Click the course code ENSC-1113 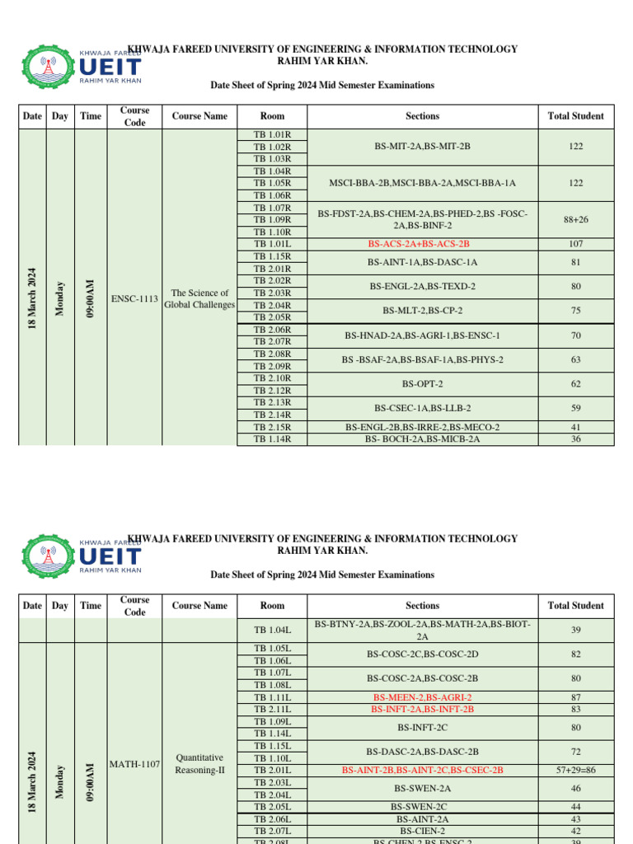[x=134, y=298]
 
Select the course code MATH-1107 [x=134, y=764]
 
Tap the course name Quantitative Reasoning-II [x=199, y=764]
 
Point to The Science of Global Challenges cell [x=199, y=298]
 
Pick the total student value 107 [x=575, y=244]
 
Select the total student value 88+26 [x=575, y=219]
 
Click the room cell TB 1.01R [x=272, y=134]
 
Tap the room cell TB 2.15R [x=272, y=427]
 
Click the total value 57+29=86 [x=575, y=770]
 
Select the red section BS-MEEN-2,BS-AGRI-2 [x=422, y=697]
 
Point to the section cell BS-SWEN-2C [x=422, y=806]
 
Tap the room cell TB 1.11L [x=272, y=697]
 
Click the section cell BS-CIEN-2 [x=422, y=831]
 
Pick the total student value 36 [x=575, y=439]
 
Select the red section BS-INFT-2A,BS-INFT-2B [x=422, y=709]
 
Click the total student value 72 [x=575, y=752]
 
